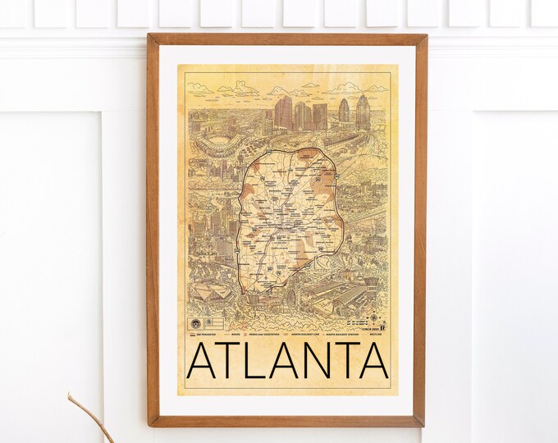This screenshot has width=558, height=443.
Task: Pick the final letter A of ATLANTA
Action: (370, 362)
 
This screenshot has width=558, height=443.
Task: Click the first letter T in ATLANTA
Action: (231, 362)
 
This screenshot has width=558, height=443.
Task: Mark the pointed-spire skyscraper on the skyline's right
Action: (362, 111)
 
